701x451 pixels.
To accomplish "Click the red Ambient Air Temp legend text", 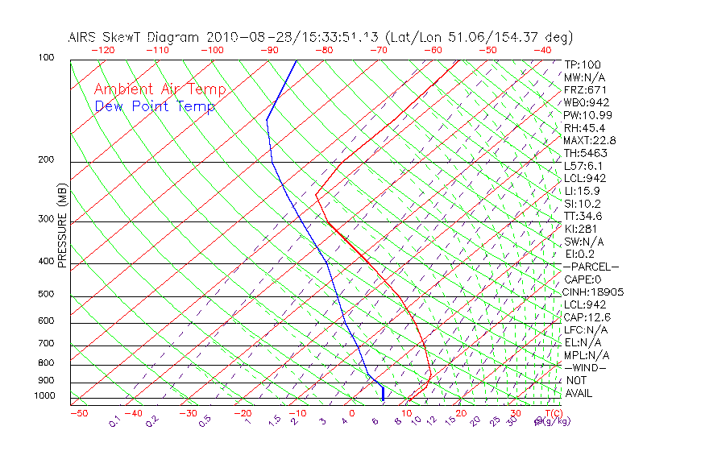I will pyautogui.click(x=160, y=89).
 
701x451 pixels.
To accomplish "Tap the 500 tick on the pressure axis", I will pyautogui.click(x=46, y=295).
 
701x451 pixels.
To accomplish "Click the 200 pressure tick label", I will pyautogui.click(x=46, y=160).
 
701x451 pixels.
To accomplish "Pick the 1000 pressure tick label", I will pyautogui.click(x=44, y=396).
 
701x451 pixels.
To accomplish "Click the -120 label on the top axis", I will pyautogui.click(x=102, y=50).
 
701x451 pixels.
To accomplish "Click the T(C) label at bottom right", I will pyautogui.click(x=551, y=413).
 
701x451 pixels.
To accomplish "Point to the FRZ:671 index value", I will pyautogui.click(x=585, y=89).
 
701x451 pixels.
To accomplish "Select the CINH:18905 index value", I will pyautogui.click(x=594, y=292).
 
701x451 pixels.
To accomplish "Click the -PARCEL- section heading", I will pyautogui.click(x=591, y=267).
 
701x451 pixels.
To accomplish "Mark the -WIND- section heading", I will pyautogui.click(x=585, y=368).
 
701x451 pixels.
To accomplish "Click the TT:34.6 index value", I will pyautogui.click(x=583, y=216).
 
